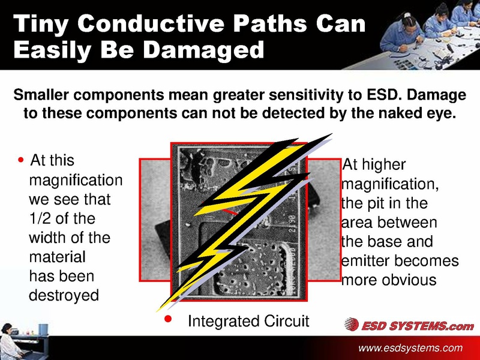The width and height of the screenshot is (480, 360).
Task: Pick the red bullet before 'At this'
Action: coord(22,161)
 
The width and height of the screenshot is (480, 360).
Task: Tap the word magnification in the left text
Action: coord(76,180)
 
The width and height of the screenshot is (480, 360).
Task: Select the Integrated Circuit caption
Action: coord(248,322)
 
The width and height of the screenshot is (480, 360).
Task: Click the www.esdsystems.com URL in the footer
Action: coord(410,348)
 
